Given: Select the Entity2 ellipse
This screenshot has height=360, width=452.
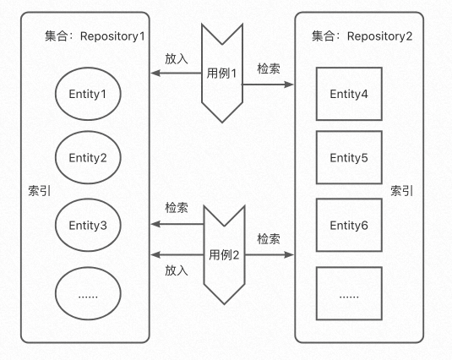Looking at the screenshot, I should coord(88,157).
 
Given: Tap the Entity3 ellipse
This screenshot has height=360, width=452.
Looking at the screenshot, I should coord(88,225).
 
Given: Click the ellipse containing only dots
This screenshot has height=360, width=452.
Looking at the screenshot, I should coord(88,296).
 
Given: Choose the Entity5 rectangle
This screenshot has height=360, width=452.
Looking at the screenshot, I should coord(349,157).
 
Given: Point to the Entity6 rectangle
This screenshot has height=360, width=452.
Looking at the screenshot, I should coord(349,225).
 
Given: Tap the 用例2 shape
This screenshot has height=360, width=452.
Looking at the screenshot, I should coord(225,254).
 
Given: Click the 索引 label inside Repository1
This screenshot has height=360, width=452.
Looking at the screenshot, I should coord(39,191).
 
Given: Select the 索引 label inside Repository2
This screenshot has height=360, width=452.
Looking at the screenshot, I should coord(401,191).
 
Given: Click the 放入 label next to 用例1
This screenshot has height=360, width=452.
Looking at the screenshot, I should coord(177,60).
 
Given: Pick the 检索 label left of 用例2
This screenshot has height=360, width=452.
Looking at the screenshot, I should coord(177,208).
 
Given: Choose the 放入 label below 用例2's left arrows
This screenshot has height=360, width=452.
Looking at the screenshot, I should coord(177,270).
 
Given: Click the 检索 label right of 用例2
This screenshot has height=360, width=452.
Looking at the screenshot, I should coord(268,239).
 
